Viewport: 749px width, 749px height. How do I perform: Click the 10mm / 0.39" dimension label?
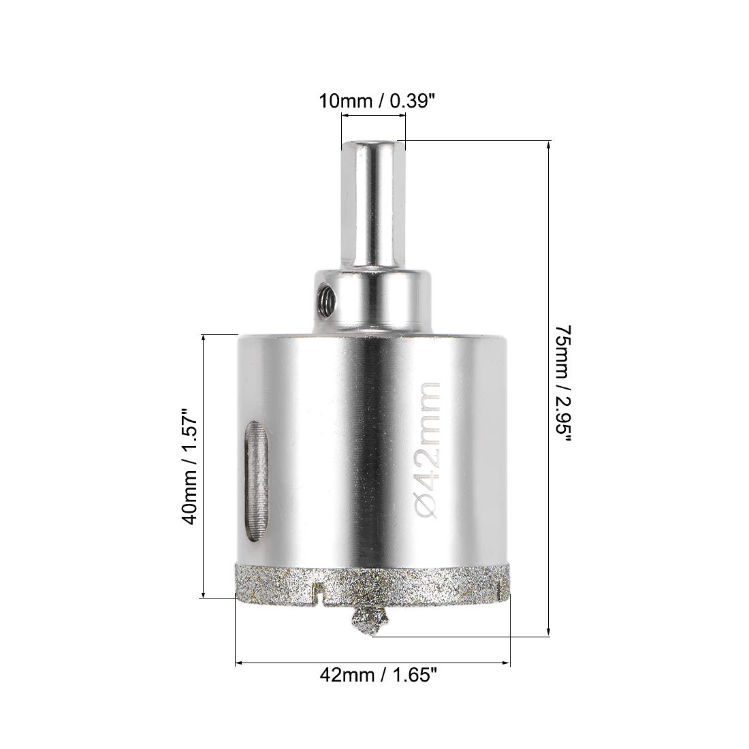(x=377, y=101)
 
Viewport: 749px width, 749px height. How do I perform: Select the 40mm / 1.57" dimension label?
(x=190, y=466)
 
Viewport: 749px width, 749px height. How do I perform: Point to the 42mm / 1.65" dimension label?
(x=379, y=675)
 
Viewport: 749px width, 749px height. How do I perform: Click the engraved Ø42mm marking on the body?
(x=426, y=450)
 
